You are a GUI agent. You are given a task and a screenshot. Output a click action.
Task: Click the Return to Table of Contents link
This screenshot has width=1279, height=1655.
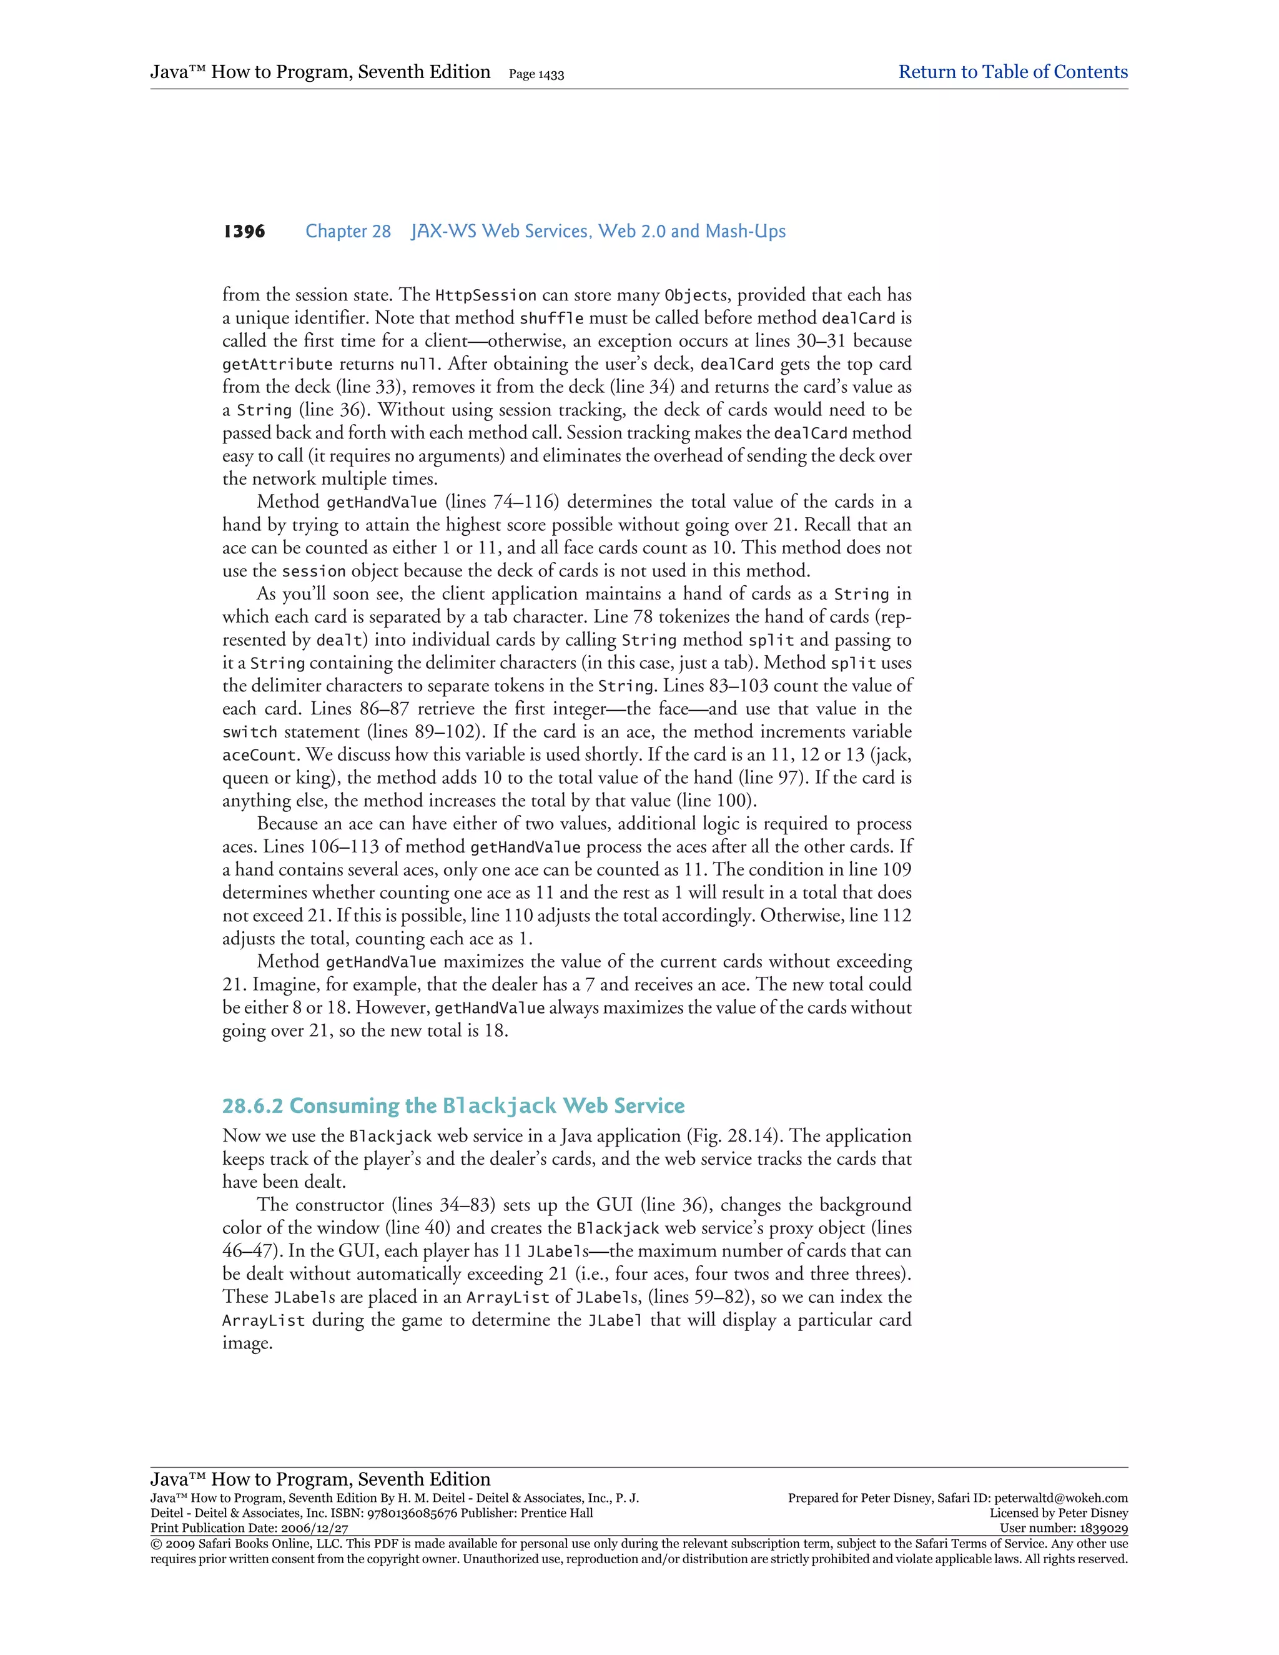click(x=1012, y=72)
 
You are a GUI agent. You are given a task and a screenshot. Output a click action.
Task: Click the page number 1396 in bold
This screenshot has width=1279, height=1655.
click(x=244, y=231)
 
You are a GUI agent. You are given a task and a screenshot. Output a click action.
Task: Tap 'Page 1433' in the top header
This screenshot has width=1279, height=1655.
click(x=536, y=74)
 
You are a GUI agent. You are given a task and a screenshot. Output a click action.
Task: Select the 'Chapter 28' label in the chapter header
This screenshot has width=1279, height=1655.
click(x=348, y=231)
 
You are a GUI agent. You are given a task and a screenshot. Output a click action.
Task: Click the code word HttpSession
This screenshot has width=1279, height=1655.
click(x=486, y=295)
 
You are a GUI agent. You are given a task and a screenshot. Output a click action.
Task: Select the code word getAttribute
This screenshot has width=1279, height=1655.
click(x=277, y=365)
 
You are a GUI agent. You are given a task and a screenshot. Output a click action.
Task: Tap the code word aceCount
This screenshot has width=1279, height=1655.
click(x=259, y=756)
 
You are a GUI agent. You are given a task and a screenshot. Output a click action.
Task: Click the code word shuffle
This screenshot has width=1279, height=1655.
click(x=551, y=319)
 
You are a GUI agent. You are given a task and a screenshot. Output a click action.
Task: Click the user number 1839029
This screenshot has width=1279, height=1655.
click(x=1102, y=1528)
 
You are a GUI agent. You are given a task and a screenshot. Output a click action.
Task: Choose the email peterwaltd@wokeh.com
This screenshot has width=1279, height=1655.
click(x=1061, y=1498)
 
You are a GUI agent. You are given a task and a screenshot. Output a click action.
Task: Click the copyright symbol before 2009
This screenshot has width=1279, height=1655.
click(x=156, y=1544)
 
